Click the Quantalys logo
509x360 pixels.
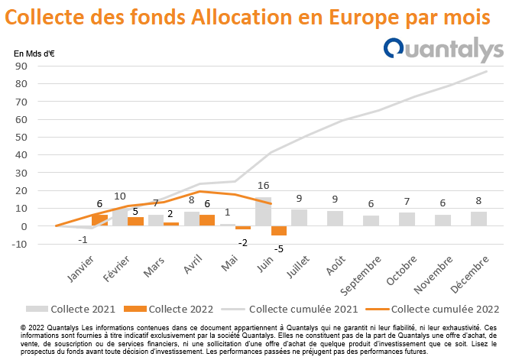click(443, 50)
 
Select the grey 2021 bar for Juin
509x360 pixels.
click(263, 211)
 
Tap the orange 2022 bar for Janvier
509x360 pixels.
click(99, 220)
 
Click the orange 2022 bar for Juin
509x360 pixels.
click(279, 231)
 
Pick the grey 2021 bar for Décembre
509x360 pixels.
click(478, 219)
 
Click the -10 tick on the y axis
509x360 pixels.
click(19, 244)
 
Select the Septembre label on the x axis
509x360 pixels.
click(361, 276)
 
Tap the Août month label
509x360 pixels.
click(336, 265)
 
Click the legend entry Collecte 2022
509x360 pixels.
click(168, 309)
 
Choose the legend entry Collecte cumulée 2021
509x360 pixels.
click(290, 309)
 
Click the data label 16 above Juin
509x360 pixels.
click(263, 186)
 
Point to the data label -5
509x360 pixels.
click(278, 249)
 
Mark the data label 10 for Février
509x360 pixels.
click(120, 196)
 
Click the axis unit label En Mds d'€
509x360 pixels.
click(34, 54)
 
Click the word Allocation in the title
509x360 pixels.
click(242, 17)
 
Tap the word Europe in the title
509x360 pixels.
click(363, 18)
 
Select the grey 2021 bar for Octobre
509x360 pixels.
click(407, 219)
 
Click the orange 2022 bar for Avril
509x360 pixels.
click(207, 220)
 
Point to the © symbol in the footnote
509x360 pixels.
click(23, 328)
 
